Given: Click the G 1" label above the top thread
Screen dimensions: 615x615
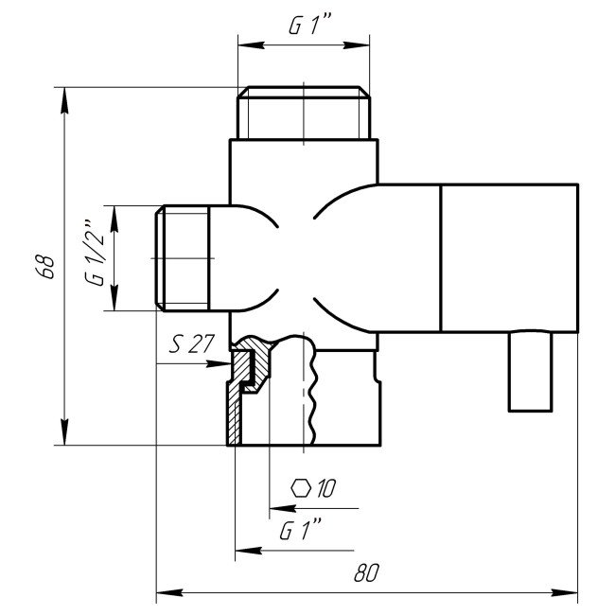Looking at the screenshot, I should pos(305,28).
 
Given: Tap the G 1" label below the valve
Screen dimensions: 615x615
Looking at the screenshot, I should pos(296,531).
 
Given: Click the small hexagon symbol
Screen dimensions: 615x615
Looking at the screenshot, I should pos(302,488).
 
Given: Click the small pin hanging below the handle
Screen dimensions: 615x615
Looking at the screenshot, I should pos(530,371).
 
